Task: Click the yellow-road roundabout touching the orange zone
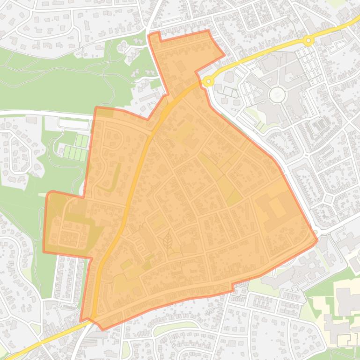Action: click(x=208, y=81)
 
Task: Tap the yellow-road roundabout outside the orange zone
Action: click(x=308, y=41)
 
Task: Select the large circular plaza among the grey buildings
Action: click(x=277, y=95)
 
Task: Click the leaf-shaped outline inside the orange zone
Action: click(x=167, y=243)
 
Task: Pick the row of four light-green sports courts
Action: click(x=75, y=152)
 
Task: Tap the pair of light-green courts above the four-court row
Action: click(x=82, y=140)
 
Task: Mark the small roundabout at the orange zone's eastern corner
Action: click(x=316, y=232)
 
